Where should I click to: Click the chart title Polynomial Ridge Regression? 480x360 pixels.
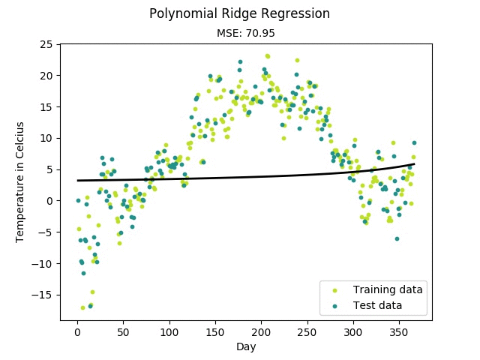239,13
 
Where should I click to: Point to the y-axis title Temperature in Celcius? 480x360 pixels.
20,181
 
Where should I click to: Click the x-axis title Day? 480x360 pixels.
246,346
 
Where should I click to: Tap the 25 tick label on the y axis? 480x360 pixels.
46,44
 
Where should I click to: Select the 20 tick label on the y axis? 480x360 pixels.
46,76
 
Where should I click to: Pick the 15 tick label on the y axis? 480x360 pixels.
46,106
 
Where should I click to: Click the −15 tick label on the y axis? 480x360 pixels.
43,295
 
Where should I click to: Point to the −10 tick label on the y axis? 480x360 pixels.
43,263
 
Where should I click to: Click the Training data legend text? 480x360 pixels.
388,289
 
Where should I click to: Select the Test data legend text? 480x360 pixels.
378,305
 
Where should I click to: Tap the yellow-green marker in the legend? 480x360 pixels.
334,289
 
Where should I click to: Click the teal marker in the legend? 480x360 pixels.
334,305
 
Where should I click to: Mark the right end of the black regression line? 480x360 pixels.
414,163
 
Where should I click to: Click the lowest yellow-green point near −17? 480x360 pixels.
83,307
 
